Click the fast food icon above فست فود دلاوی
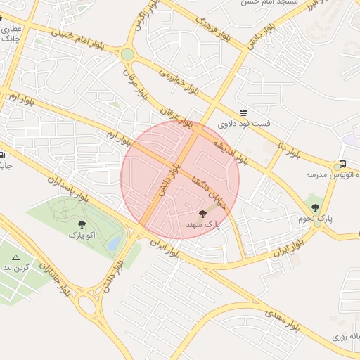pyautogui.click(x=243, y=112)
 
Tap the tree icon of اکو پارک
pyautogui.click(x=82, y=224)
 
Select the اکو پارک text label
pyautogui.click(x=82, y=236)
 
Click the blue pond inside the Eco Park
pyautogui.click(x=114, y=243)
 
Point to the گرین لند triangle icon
pyautogui.click(x=15, y=258)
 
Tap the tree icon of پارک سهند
pyautogui.click(x=203, y=213)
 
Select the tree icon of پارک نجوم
pyautogui.click(x=314, y=207)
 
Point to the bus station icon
pyautogui.click(x=342, y=162)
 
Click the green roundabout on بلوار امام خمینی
pyautogui.click(x=127, y=54)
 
